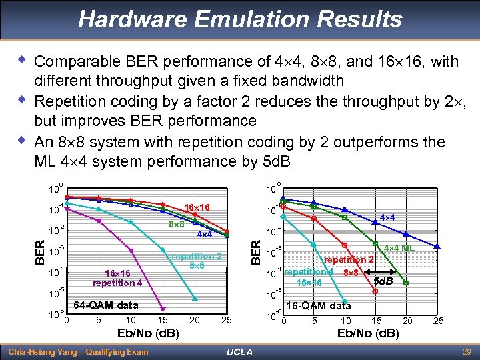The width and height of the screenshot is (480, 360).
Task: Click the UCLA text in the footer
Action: tap(239, 351)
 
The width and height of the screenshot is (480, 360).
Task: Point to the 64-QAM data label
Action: tap(106, 305)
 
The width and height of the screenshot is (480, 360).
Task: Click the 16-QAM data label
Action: tap(318, 306)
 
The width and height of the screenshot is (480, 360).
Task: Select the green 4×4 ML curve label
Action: tap(399, 248)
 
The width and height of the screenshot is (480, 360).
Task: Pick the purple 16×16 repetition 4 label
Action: tap(117, 278)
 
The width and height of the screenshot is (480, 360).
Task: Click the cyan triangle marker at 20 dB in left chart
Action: tap(195, 298)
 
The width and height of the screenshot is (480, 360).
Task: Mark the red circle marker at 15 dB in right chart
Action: tap(375, 291)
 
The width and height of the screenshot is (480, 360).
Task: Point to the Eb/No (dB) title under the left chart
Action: tap(147, 333)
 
